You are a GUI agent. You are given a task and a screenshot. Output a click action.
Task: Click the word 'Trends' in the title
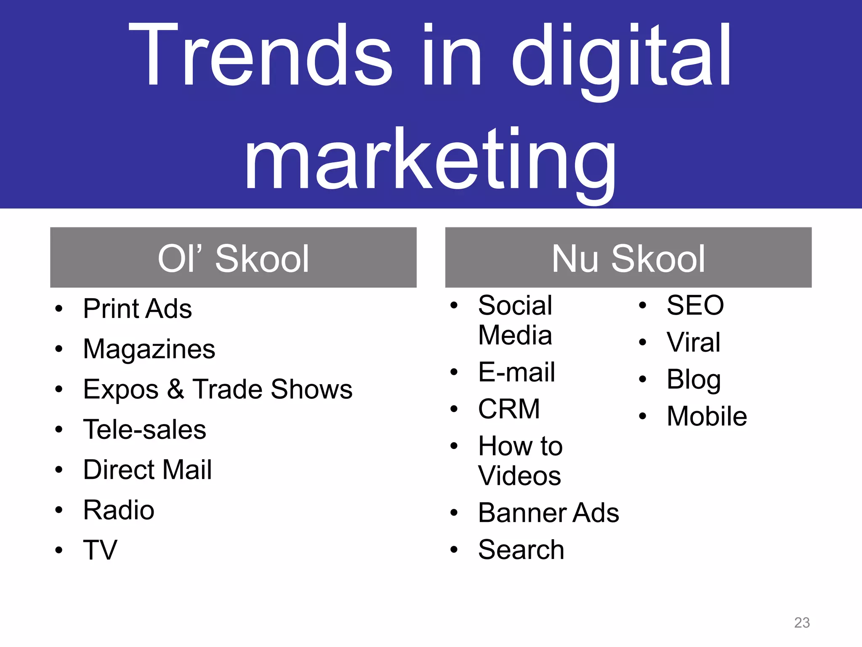pyautogui.click(x=261, y=57)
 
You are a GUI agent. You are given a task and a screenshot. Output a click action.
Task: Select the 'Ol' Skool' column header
pyautogui.click(x=233, y=258)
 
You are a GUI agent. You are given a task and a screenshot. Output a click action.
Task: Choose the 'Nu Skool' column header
pyautogui.click(x=628, y=258)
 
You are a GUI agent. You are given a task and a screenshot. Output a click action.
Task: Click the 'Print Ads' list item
pyautogui.click(x=137, y=309)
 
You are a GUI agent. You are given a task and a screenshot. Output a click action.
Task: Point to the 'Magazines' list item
pyautogui.click(x=149, y=349)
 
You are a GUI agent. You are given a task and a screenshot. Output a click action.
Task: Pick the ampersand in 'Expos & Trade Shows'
pyautogui.click(x=176, y=389)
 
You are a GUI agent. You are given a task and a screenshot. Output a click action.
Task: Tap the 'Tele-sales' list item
pyautogui.click(x=144, y=430)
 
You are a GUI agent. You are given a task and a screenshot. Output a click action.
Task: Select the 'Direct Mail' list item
pyautogui.click(x=147, y=470)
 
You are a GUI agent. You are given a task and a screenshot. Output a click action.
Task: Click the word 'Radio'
pyautogui.click(x=119, y=510)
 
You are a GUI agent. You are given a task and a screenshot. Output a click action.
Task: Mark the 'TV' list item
pyautogui.click(x=100, y=550)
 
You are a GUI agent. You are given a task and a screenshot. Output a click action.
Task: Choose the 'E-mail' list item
pyautogui.click(x=516, y=372)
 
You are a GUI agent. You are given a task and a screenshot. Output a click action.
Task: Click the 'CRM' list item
pyautogui.click(x=509, y=409)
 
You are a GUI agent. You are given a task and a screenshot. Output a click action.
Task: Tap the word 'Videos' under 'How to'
pyautogui.click(x=519, y=476)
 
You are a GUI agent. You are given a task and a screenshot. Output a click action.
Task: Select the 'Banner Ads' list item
pyautogui.click(x=548, y=513)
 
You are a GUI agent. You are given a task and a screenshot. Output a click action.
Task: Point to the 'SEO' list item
pyautogui.click(x=695, y=305)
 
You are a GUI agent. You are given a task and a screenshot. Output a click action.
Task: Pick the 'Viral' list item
pyautogui.click(x=693, y=342)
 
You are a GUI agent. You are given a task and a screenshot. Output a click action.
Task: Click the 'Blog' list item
pyautogui.click(x=694, y=380)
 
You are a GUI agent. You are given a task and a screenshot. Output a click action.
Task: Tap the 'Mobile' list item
pyautogui.click(x=707, y=417)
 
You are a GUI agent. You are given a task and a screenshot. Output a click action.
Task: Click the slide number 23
pyautogui.click(x=802, y=623)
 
